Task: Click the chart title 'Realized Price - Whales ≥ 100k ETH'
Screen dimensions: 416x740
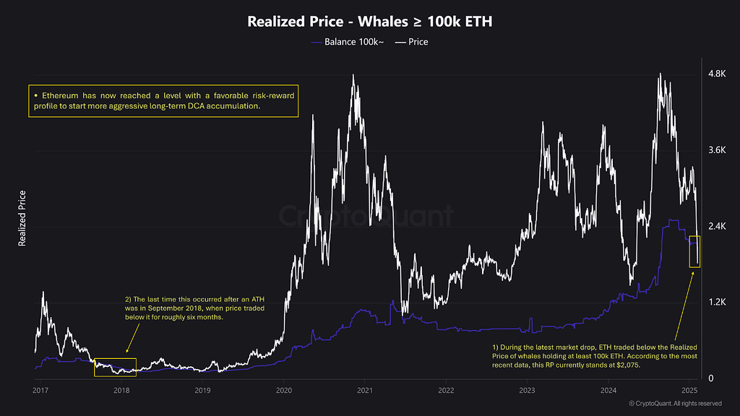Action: (369, 21)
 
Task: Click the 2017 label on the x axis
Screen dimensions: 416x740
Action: (40, 391)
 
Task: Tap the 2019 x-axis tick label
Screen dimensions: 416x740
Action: (202, 391)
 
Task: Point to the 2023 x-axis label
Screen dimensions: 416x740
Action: (527, 391)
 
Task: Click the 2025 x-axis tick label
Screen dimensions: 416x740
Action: (689, 391)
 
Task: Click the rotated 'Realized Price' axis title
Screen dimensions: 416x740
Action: (22, 218)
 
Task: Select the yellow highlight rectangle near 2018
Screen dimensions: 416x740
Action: (115, 367)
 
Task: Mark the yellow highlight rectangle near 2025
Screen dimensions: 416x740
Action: (694, 251)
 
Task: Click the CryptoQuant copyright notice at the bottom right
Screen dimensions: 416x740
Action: (675, 403)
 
